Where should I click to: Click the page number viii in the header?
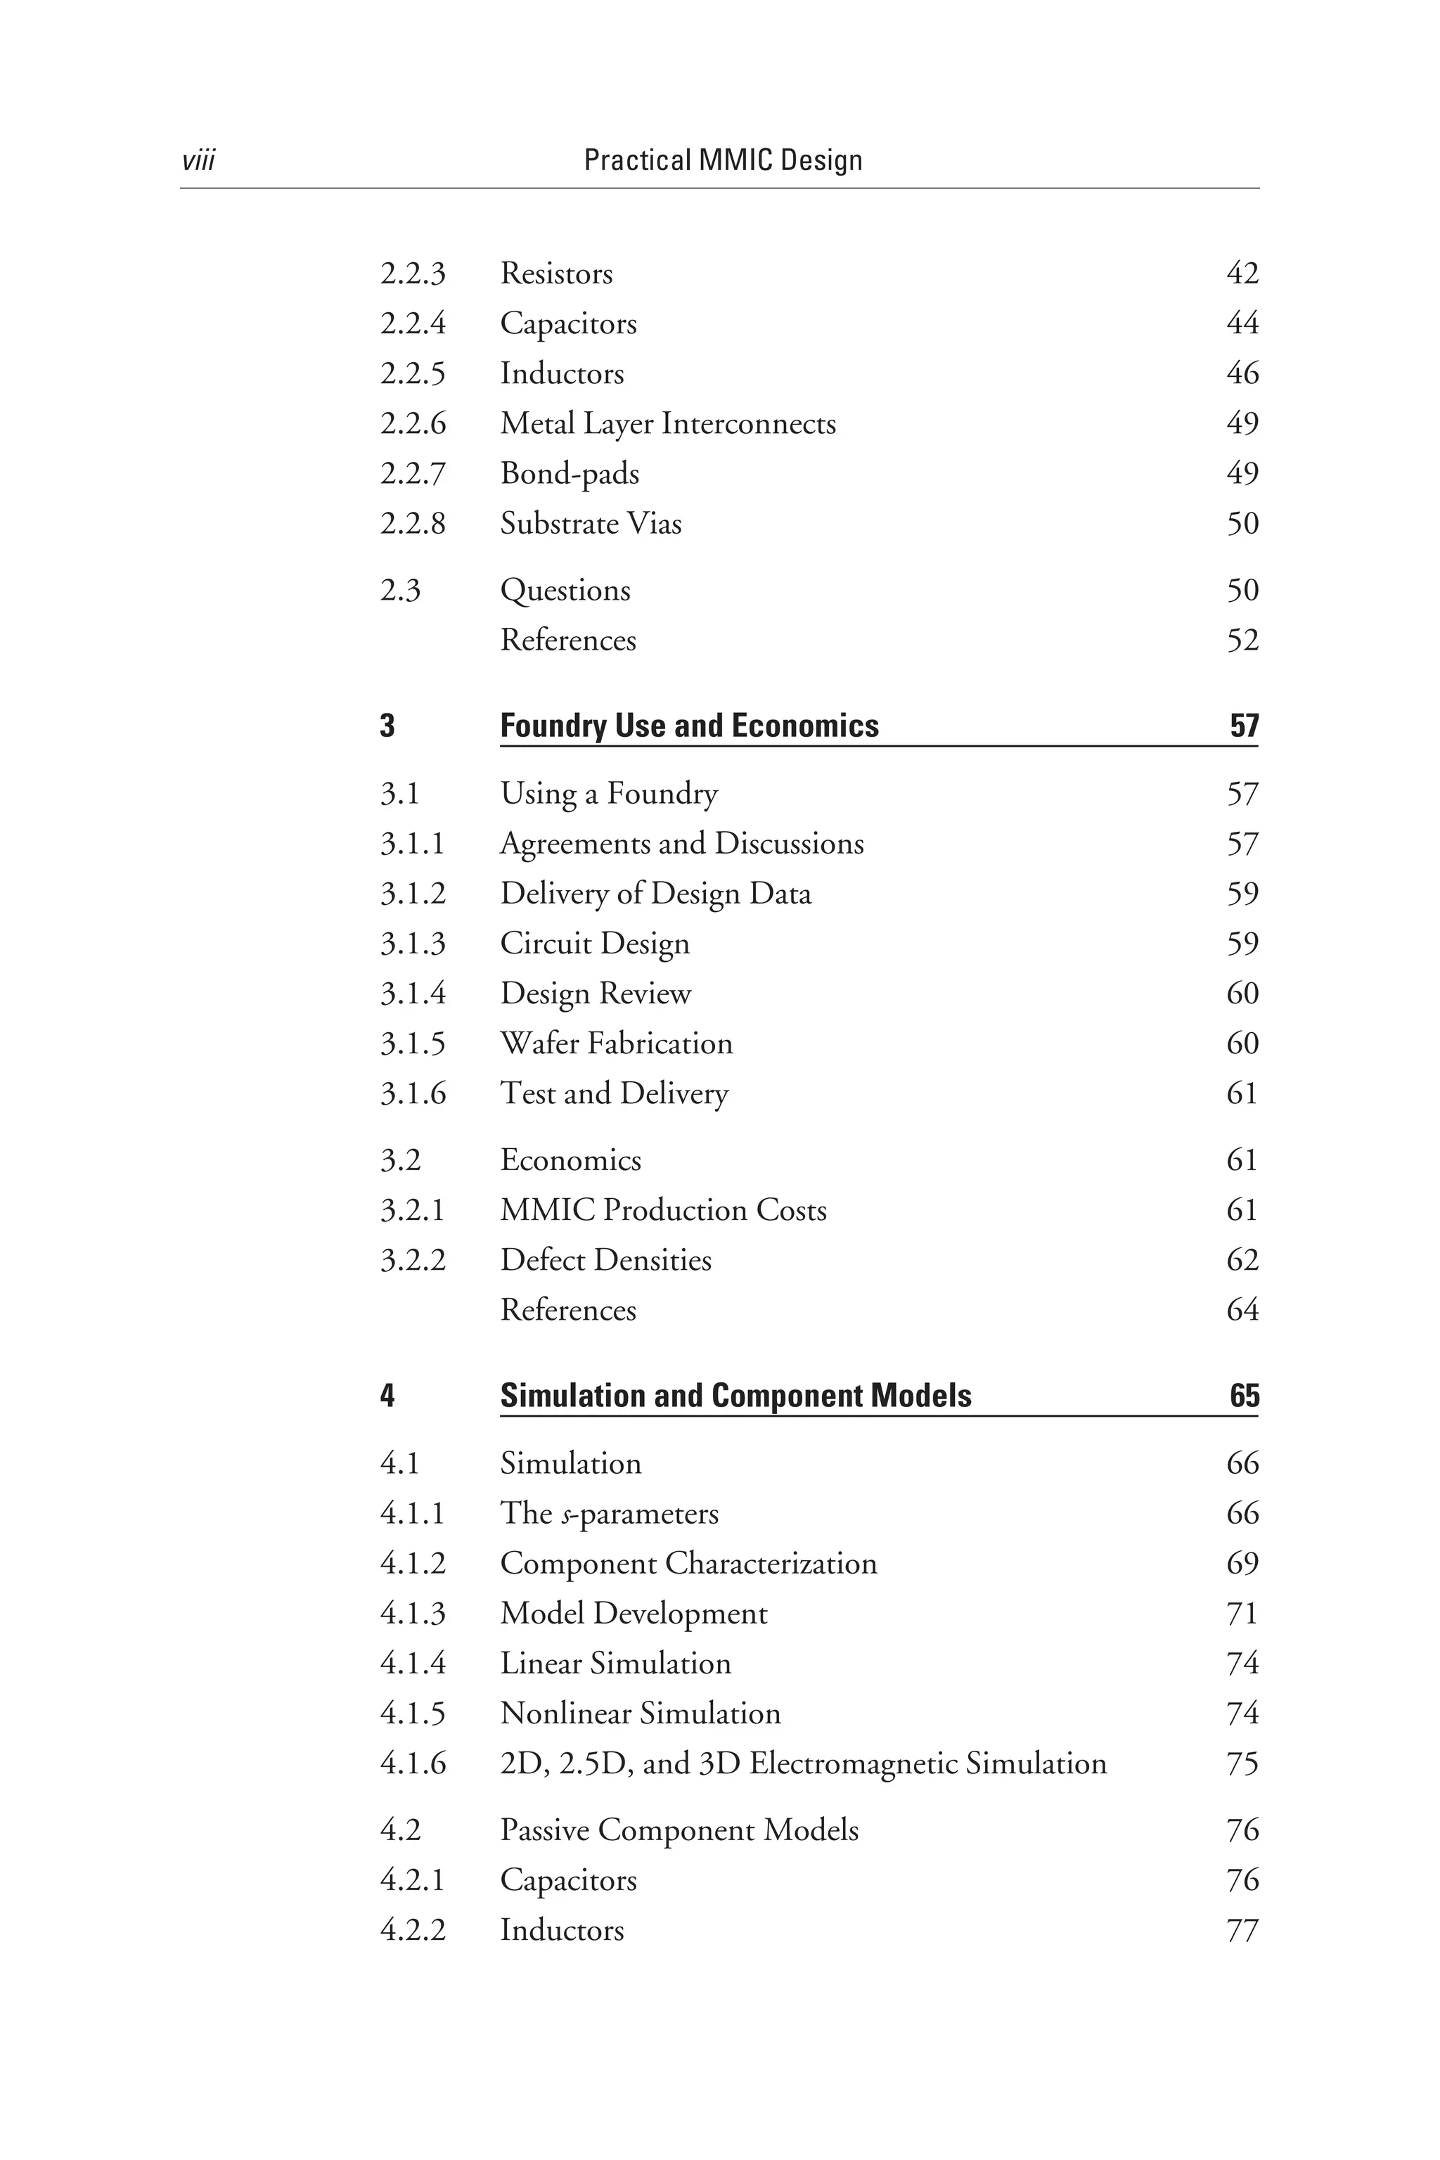click(198, 161)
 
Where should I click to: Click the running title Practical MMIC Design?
click(723, 161)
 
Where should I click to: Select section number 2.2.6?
click(412, 423)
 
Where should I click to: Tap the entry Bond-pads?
click(570, 474)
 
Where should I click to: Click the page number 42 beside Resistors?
click(1242, 274)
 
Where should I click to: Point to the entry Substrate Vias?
click(591, 523)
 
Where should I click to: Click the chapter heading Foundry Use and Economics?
click(689, 726)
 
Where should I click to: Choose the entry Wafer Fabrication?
click(616, 1043)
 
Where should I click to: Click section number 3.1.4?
click(412, 994)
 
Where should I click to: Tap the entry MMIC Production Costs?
click(663, 1210)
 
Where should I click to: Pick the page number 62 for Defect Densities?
click(1242, 1260)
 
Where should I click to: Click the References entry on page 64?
click(567, 1311)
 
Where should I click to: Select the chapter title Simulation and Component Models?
click(735, 1396)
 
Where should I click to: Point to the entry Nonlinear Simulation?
click(640, 1714)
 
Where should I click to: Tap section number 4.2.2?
click(412, 1930)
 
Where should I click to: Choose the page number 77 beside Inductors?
click(1242, 1930)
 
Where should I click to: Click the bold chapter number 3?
click(387, 726)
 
